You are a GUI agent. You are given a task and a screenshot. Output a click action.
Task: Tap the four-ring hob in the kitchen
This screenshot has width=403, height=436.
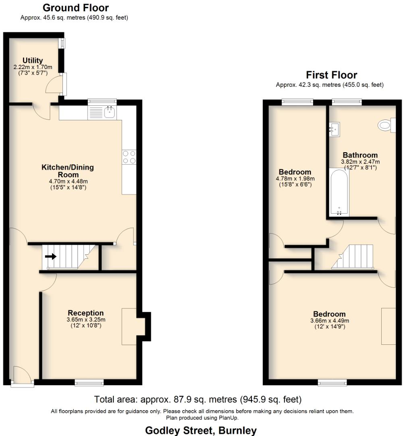129,157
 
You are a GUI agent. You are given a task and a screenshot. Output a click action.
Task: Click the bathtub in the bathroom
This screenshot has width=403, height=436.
339,193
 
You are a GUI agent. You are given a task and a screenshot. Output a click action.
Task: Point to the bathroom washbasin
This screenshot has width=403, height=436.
334,129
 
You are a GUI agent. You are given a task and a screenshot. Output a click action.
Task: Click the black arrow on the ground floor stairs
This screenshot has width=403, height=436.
51,256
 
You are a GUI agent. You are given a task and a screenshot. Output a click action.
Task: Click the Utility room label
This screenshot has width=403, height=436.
33,61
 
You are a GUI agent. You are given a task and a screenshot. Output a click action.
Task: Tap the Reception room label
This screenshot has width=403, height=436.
85,313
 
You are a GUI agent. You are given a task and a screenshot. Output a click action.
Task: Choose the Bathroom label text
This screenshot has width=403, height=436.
360,155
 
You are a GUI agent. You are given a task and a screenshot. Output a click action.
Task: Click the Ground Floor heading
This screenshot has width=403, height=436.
75,8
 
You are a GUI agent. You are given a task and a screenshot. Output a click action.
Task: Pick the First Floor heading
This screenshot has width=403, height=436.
331,75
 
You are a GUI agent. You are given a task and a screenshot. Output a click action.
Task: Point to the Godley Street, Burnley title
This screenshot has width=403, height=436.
201,430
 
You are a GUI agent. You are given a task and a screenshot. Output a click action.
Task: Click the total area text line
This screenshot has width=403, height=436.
198,400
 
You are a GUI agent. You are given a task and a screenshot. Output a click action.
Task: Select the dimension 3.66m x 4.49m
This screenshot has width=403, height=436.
329,321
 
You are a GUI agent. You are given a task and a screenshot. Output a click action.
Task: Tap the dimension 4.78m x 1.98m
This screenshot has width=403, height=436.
295,179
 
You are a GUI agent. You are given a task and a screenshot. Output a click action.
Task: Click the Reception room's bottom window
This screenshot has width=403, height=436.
89,382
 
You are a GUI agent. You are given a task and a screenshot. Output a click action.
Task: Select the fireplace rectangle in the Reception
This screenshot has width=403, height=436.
129,326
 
